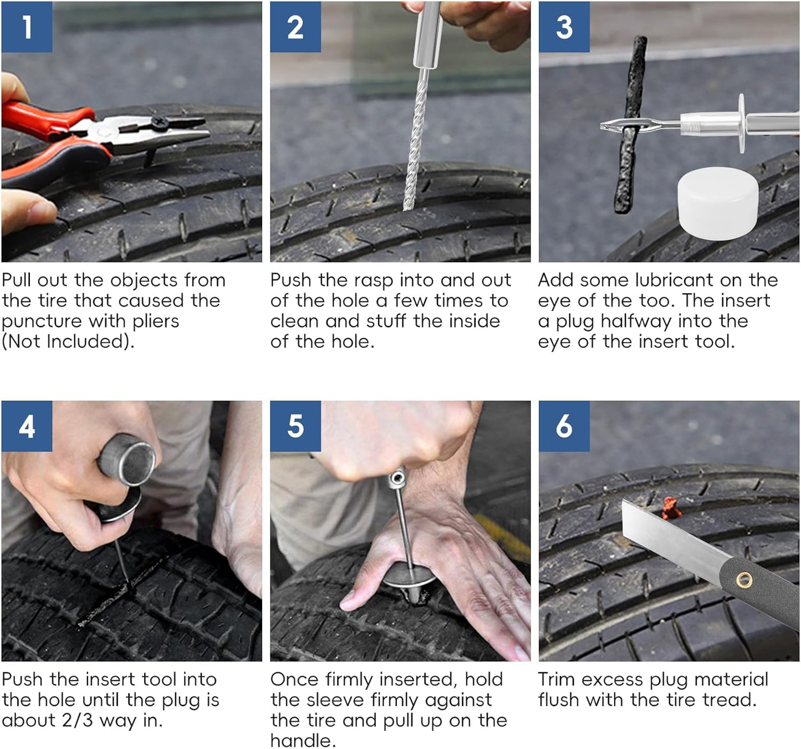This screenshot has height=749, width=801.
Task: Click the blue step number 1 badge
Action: click(x=27, y=27)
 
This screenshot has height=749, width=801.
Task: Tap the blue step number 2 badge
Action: click(x=295, y=27)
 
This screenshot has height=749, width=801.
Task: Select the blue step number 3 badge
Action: click(x=564, y=27)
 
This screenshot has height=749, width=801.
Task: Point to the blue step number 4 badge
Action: click(x=27, y=426)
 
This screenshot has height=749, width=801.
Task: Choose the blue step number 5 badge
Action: click(x=295, y=426)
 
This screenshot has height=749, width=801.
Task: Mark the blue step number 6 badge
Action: click(x=564, y=426)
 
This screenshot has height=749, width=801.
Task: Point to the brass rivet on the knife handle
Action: click(x=743, y=580)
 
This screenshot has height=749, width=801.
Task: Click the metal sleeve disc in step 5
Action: click(x=409, y=577)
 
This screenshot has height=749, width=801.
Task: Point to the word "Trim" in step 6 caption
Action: click(x=557, y=679)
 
